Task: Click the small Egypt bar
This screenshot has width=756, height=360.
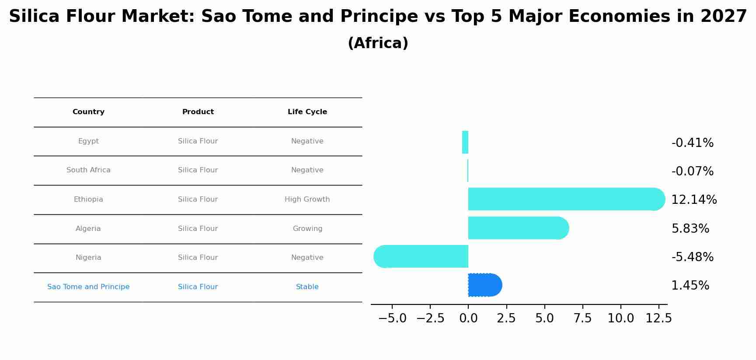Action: (x=465, y=142)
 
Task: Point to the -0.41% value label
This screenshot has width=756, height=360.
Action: (x=692, y=143)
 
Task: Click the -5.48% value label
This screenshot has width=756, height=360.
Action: (x=692, y=257)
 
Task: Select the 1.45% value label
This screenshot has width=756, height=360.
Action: (x=690, y=286)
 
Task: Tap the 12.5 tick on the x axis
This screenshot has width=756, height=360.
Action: (x=658, y=318)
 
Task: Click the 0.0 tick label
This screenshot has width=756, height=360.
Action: (x=468, y=318)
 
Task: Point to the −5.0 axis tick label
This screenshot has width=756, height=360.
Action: (x=392, y=318)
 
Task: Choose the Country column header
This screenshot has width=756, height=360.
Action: (x=88, y=112)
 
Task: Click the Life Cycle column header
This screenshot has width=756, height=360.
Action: (x=307, y=112)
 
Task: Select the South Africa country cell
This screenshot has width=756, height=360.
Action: (x=88, y=170)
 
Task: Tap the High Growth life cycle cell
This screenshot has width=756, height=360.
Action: (x=307, y=199)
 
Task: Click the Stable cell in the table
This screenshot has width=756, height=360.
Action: (x=307, y=287)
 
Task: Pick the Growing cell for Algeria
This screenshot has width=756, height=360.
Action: (x=307, y=229)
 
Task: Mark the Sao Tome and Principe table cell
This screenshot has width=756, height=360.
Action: (x=88, y=287)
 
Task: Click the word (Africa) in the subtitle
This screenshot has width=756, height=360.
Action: (x=378, y=43)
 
